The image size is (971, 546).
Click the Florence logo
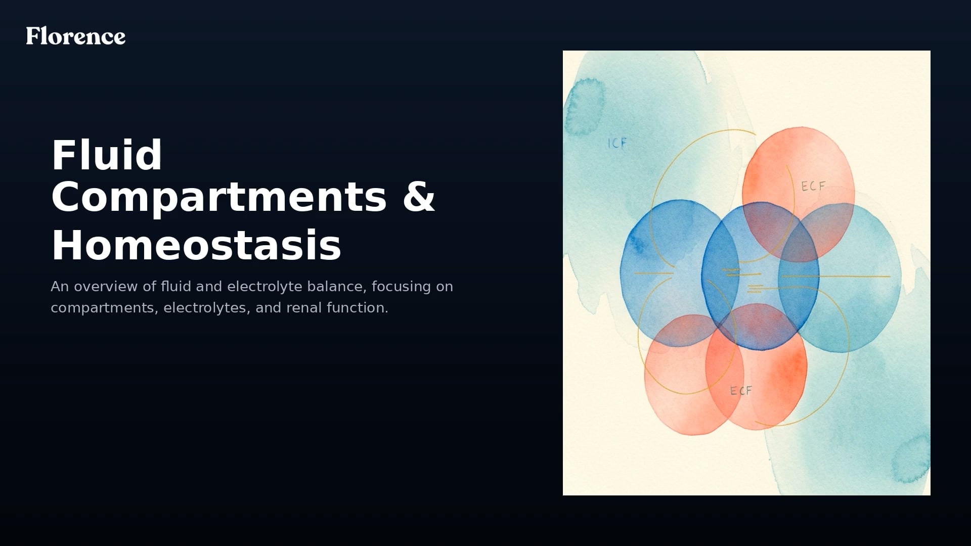(76, 36)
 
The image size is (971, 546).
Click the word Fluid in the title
(107, 155)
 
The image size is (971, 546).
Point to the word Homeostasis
(196, 246)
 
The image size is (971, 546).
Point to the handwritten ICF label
(617, 143)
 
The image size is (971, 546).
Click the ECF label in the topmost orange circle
(813, 187)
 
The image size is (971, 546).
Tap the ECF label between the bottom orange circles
(741, 391)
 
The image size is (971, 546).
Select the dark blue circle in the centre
(760, 276)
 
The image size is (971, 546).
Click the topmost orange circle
(798, 167)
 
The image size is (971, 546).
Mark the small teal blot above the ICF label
(584, 106)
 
